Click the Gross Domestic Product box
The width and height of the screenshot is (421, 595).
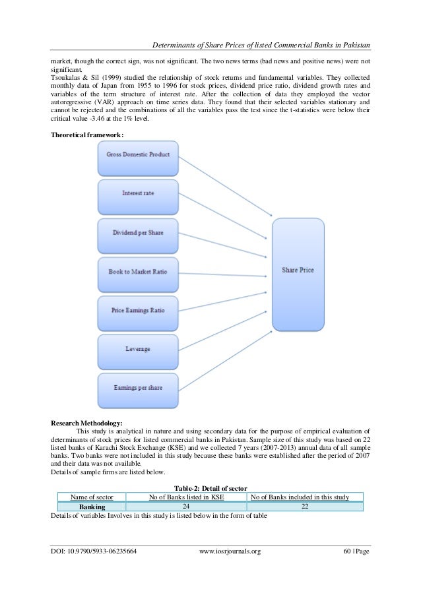click(x=139, y=156)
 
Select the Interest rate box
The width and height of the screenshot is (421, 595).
click(x=139, y=193)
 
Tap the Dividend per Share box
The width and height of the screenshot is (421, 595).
click(x=139, y=232)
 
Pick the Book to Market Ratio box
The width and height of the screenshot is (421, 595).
click(x=139, y=270)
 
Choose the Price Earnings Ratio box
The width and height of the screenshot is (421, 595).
click(x=139, y=309)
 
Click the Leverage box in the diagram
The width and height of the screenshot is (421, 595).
click(x=139, y=348)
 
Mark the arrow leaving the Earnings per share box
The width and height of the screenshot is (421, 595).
click(x=224, y=357)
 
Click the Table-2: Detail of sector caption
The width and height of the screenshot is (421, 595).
click(x=210, y=487)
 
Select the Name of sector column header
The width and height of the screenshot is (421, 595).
click(x=92, y=497)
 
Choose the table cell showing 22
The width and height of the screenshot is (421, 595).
click(x=304, y=506)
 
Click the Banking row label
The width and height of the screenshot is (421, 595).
click(x=92, y=506)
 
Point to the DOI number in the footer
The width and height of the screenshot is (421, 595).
click(x=93, y=569)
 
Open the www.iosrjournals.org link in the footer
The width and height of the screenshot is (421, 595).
click(x=230, y=569)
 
